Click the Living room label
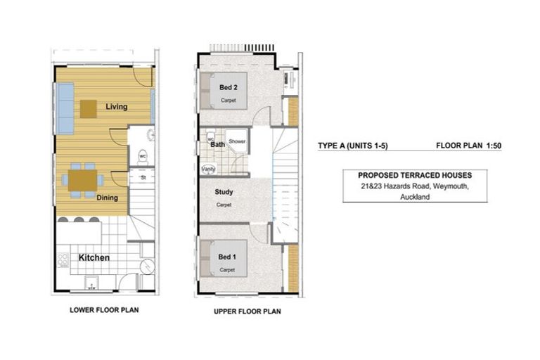coord(117,107)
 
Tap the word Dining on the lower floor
coord(107,198)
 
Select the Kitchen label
coord(94,257)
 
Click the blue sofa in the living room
coord(65,108)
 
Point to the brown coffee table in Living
coord(89,108)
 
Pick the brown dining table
coord(82,181)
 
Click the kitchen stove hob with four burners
coord(63,261)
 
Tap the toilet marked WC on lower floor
coord(142,157)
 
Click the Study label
coord(224,192)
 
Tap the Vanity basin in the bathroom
coord(208,169)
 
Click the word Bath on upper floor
coord(217,145)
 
